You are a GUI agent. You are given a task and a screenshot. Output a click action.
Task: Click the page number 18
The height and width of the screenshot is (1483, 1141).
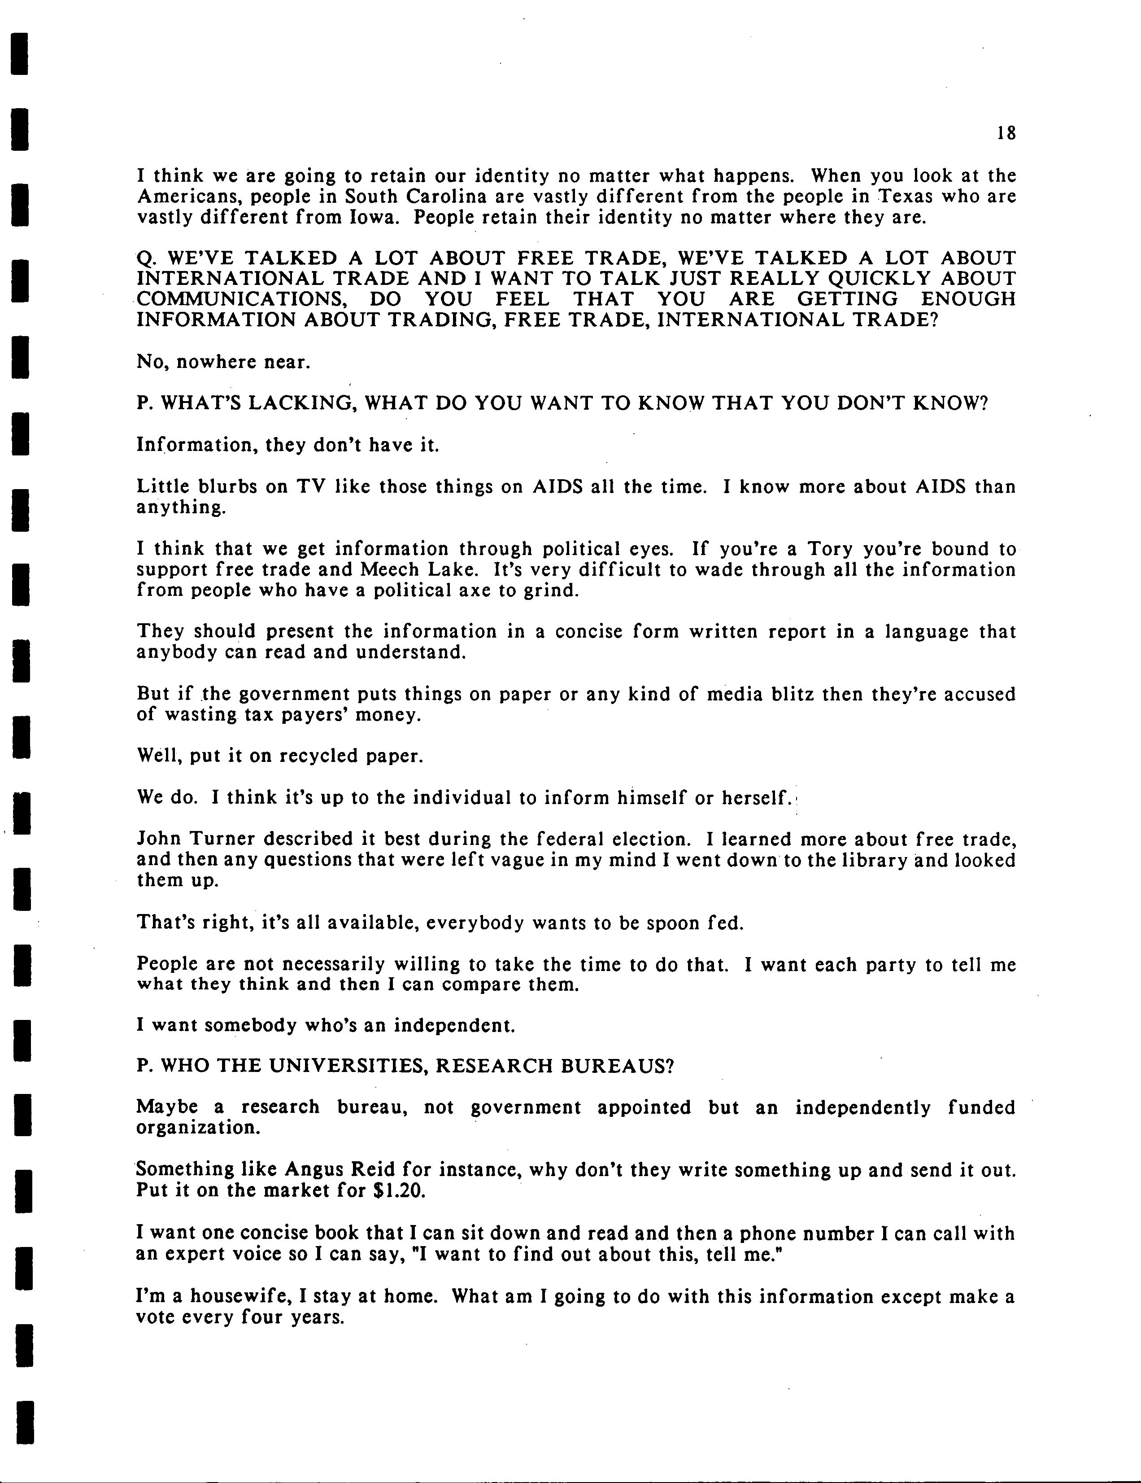point(1006,133)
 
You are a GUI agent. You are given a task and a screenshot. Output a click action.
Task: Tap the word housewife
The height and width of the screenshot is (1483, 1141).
point(239,1296)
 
